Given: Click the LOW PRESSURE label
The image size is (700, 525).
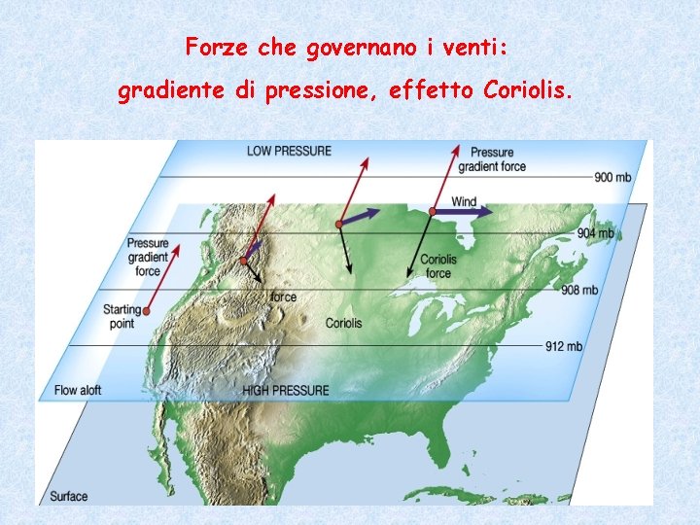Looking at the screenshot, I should pos(289,151).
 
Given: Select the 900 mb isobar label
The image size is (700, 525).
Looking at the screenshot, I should pos(612,177).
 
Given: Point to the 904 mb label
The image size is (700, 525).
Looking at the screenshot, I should pos(595,233).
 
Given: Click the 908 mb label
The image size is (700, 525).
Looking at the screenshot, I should pos(578,290).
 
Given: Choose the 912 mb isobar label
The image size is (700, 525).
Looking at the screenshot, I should pos(563,346).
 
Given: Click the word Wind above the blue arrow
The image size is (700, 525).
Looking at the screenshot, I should pos(465,201).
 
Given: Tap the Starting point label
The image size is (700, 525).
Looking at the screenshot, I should pos(122,317).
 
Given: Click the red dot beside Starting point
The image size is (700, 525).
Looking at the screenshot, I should pos(150,311).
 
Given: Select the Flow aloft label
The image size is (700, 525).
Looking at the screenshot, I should pos(78,390).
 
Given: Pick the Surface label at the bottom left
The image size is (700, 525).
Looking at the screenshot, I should pos(68,496).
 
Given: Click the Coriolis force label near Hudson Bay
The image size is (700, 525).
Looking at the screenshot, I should pos(438,266).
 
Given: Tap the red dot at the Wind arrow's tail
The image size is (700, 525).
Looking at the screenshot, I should pos(431,211).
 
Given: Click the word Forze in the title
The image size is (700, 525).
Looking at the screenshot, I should pos(213,47).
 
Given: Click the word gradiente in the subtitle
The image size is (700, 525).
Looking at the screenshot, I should pos(170,92).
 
